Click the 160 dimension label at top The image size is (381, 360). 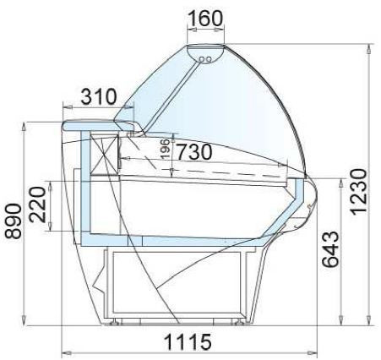(x=204, y=19)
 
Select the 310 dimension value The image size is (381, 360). (x=99, y=96)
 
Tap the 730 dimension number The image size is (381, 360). (x=194, y=152)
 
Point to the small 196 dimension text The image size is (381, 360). (x=166, y=149)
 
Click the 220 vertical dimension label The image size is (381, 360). (x=37, y=205)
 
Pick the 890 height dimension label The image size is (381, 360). (x=14, y=221)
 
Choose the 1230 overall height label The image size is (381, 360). (x=358, y=192)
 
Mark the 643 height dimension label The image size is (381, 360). (x=330, y=249)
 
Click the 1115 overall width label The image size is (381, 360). (x=188, y=342)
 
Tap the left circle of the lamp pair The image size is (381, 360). (x=202, y=59)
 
